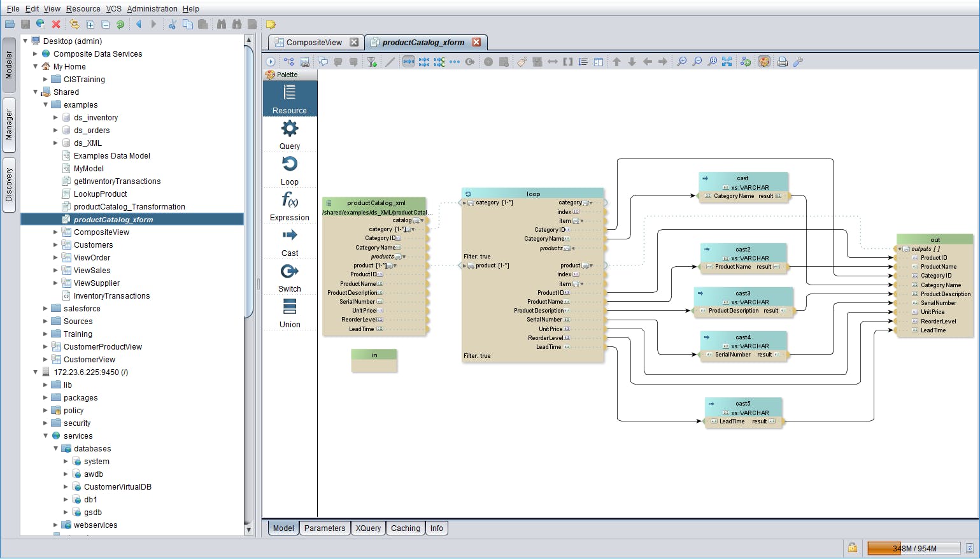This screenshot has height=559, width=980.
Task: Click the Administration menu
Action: [x=152, y=9]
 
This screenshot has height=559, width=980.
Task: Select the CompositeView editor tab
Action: [x=314, y=43]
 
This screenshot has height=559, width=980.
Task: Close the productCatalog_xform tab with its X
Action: [x=476, y=43]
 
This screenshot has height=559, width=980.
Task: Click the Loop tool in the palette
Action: [x=290, y=171]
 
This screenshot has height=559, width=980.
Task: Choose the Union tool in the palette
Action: [x=290, y=313]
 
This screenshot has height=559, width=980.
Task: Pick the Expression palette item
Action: [x=290, y=206]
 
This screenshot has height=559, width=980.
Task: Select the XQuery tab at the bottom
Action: [x=368, y=528]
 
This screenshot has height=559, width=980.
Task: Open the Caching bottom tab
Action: [x=406, y=528]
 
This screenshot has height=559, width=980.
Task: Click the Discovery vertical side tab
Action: [x=9, y=185]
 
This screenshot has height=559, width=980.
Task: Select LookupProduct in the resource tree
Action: [x=100, y=194]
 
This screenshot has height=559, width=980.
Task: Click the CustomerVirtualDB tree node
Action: [x=117, y=487]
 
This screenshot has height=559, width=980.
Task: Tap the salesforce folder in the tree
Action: [x=82, y=309]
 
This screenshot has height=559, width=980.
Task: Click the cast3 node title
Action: [x=743, y=294]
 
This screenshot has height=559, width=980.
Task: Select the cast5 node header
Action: [x=743, y=404]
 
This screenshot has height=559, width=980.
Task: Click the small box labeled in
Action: [x=374, y=355]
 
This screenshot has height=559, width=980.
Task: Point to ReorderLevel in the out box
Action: [x=938, y=322]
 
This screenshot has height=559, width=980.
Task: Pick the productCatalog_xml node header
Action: [x=376, y=203]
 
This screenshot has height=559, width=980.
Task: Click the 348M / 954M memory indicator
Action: [x=914, y=549]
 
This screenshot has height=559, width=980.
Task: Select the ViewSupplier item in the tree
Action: [x=96, y=283]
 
